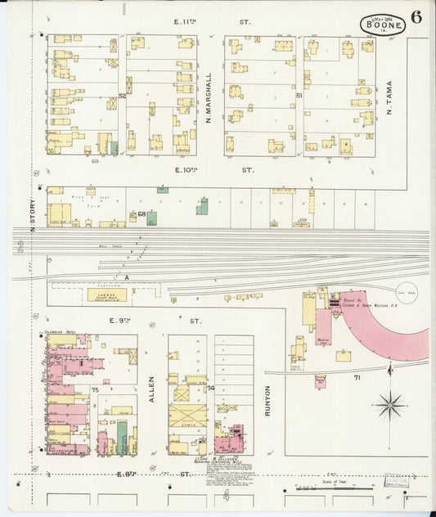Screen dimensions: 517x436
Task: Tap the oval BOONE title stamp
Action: pos(381,25)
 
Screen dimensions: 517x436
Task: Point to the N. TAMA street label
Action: pos(389,97)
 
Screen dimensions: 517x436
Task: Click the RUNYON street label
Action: pos(267,402)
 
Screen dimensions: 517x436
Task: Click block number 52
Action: pos(123,96)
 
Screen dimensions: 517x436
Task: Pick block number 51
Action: pos(299,96)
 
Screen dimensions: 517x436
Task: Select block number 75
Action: pos(95,389)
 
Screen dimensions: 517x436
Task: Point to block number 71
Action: pos(357,377)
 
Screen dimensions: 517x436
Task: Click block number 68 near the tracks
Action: pos(142,214)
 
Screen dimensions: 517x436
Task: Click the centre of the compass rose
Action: pos(390,403)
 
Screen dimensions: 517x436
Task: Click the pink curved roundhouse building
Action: pos(384,331)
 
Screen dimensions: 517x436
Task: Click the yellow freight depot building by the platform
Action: pos(106,294)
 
